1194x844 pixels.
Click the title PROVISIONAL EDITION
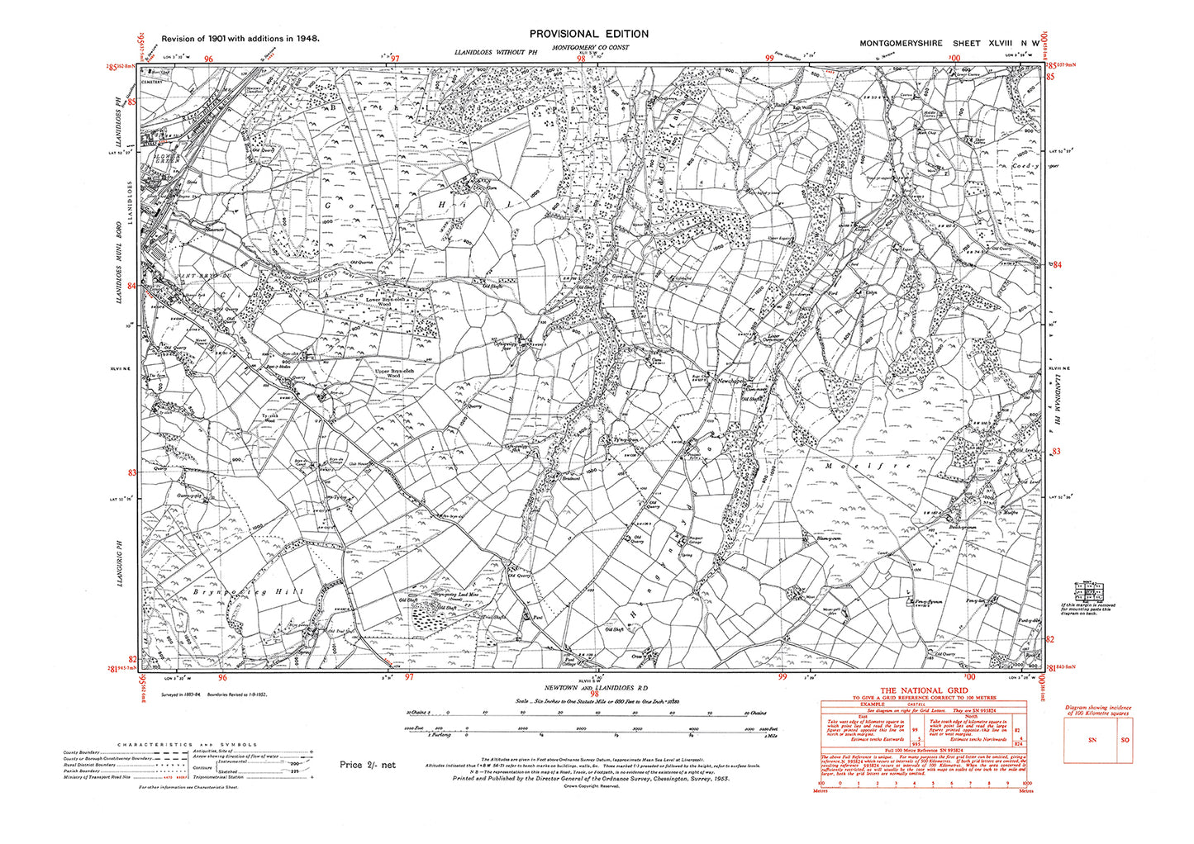pyautogui.click(x=588, y=34)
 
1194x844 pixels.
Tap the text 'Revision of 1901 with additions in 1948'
pyautogui.click(x=240, y=38)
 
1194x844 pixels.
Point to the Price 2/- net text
pyautogui.click(x=367, y=765)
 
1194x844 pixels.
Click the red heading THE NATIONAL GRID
pyautogui.click(x=922, y=691)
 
